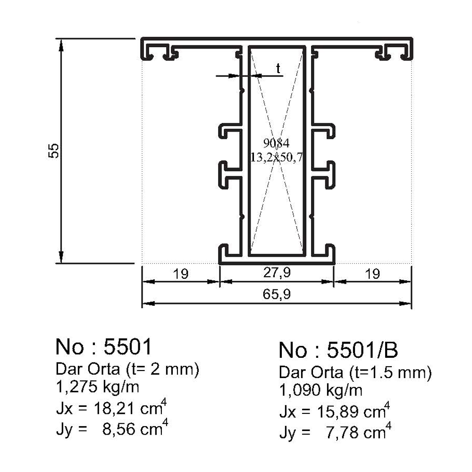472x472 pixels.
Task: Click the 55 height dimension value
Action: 54,151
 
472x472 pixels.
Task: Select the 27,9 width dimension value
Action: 277,272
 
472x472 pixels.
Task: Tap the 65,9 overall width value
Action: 277,294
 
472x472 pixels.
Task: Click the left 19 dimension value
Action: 181,274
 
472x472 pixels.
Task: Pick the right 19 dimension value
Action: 372,274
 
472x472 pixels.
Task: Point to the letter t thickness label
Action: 278,68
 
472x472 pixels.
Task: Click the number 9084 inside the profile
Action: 276,143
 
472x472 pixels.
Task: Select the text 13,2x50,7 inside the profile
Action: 277,157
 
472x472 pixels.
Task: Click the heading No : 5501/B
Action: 338,350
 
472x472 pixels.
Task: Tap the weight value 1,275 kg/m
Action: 98,387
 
